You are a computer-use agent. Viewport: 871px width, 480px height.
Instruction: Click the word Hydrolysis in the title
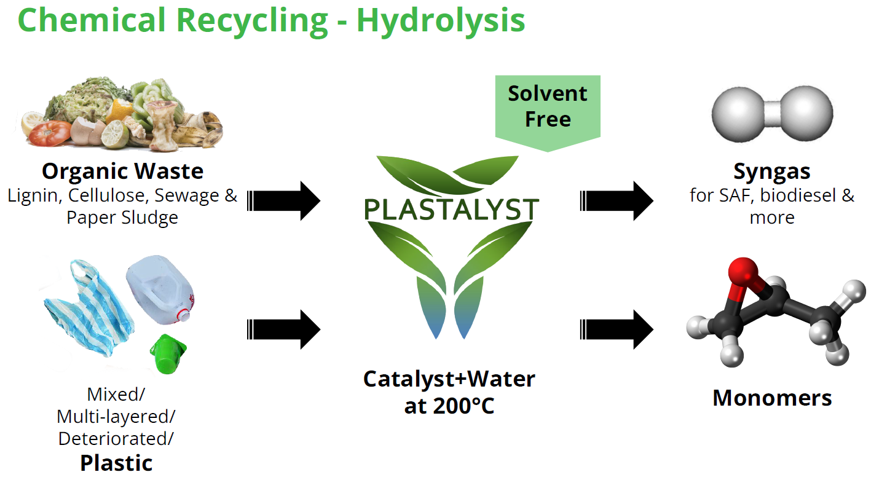coord(441,22)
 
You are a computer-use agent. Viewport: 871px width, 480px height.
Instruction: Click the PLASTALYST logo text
coord(451,209)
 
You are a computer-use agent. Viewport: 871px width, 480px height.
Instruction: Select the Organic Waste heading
coord(122,171)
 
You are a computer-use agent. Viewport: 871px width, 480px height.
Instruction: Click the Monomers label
coord(772,398)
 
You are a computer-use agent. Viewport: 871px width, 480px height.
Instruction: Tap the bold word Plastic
coord(116,463)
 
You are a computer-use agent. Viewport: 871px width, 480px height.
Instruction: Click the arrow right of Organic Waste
coord(283,201)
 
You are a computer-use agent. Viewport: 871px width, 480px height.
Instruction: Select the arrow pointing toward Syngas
coord(617,201)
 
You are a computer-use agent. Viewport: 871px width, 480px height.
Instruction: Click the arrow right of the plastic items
coord(283,329)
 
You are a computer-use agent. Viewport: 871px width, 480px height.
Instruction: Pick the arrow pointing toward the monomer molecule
coord(617,329)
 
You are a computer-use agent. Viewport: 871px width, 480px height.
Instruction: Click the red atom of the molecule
coord(743,271)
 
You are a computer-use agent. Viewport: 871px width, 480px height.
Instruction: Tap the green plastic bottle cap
coord(168,354)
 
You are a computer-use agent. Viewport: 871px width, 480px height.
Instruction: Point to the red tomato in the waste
coord(49,133)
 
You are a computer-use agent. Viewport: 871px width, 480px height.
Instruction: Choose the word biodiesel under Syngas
coord(798,195)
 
